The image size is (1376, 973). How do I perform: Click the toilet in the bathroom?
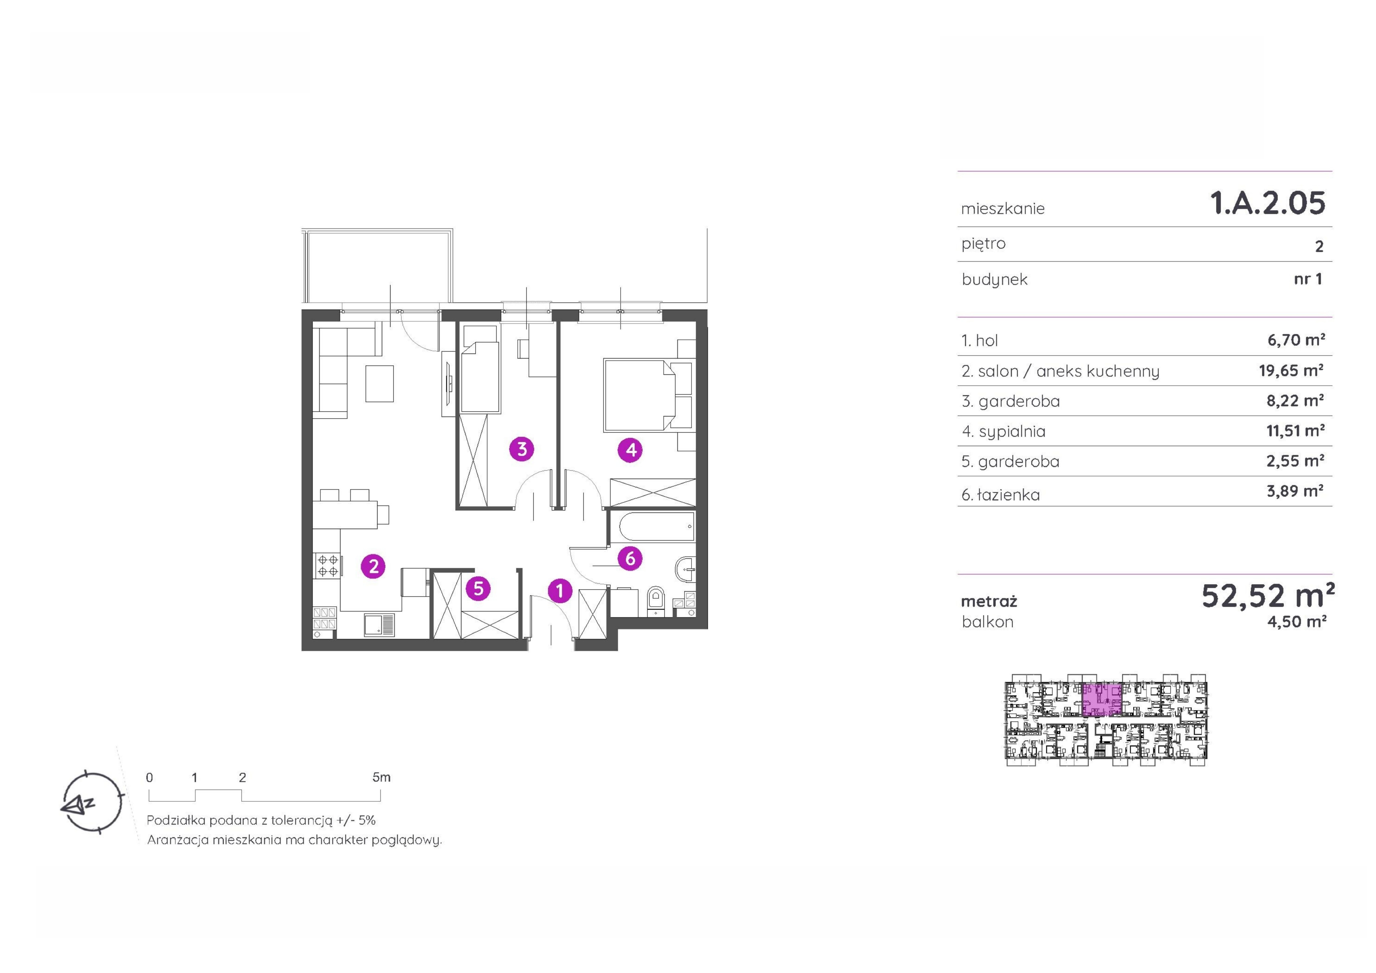tap(656, 600)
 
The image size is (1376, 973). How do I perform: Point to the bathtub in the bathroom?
tap(652, 527)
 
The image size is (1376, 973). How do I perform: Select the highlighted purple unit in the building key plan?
tap(1101, 699)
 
